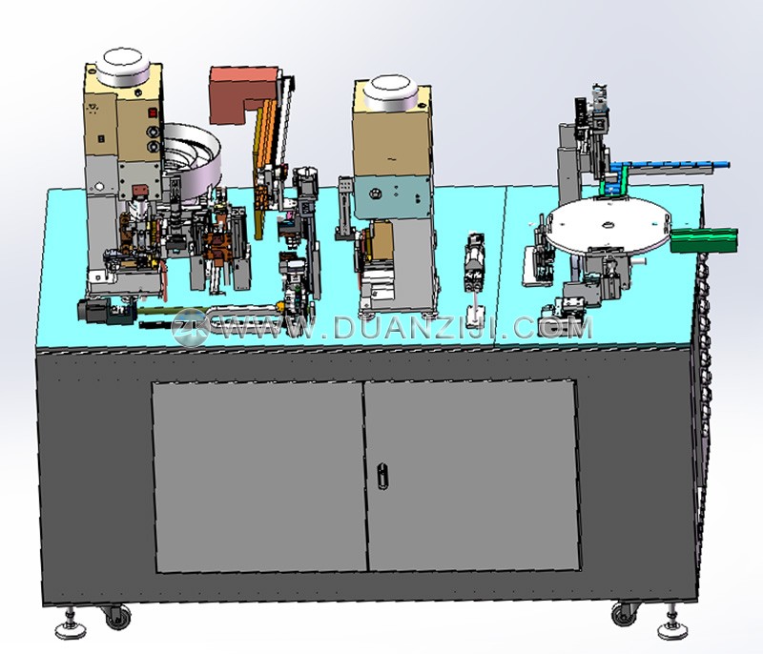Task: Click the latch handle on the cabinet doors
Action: (382, 475)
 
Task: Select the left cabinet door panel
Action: (259, 477)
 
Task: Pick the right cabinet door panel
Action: (472, 475)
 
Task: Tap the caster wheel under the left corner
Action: (117, 618)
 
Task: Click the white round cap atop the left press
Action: (122, 67)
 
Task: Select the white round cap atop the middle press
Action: (391, 92)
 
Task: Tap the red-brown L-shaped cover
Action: (239, 93)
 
